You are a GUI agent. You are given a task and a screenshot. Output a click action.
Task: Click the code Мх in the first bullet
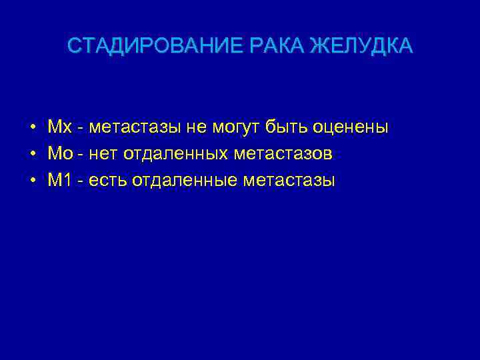[57, 127]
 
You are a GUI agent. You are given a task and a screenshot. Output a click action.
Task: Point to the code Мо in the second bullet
[58, 154]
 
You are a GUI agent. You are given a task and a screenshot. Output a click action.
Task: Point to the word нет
[102, 154]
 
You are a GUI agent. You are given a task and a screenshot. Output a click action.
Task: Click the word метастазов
[283, 154]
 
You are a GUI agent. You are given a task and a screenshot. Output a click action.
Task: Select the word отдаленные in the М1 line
[182, 181]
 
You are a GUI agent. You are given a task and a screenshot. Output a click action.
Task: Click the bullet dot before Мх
[32, 127]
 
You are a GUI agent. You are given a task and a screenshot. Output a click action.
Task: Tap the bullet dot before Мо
[32, 154]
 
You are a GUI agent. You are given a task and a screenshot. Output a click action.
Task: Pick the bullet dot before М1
[32, 181]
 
